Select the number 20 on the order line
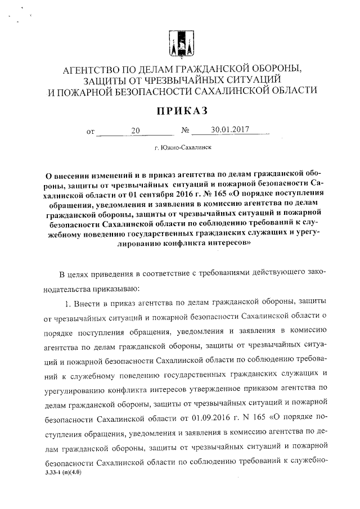[x=135, y=131]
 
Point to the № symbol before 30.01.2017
[x=185, y=132]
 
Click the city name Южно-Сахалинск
[x=183, y=148]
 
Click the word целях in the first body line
[x=83, y=274]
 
